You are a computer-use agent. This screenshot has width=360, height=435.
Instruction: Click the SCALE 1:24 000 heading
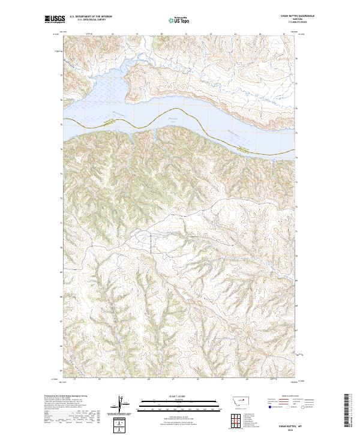click(171, 397)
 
